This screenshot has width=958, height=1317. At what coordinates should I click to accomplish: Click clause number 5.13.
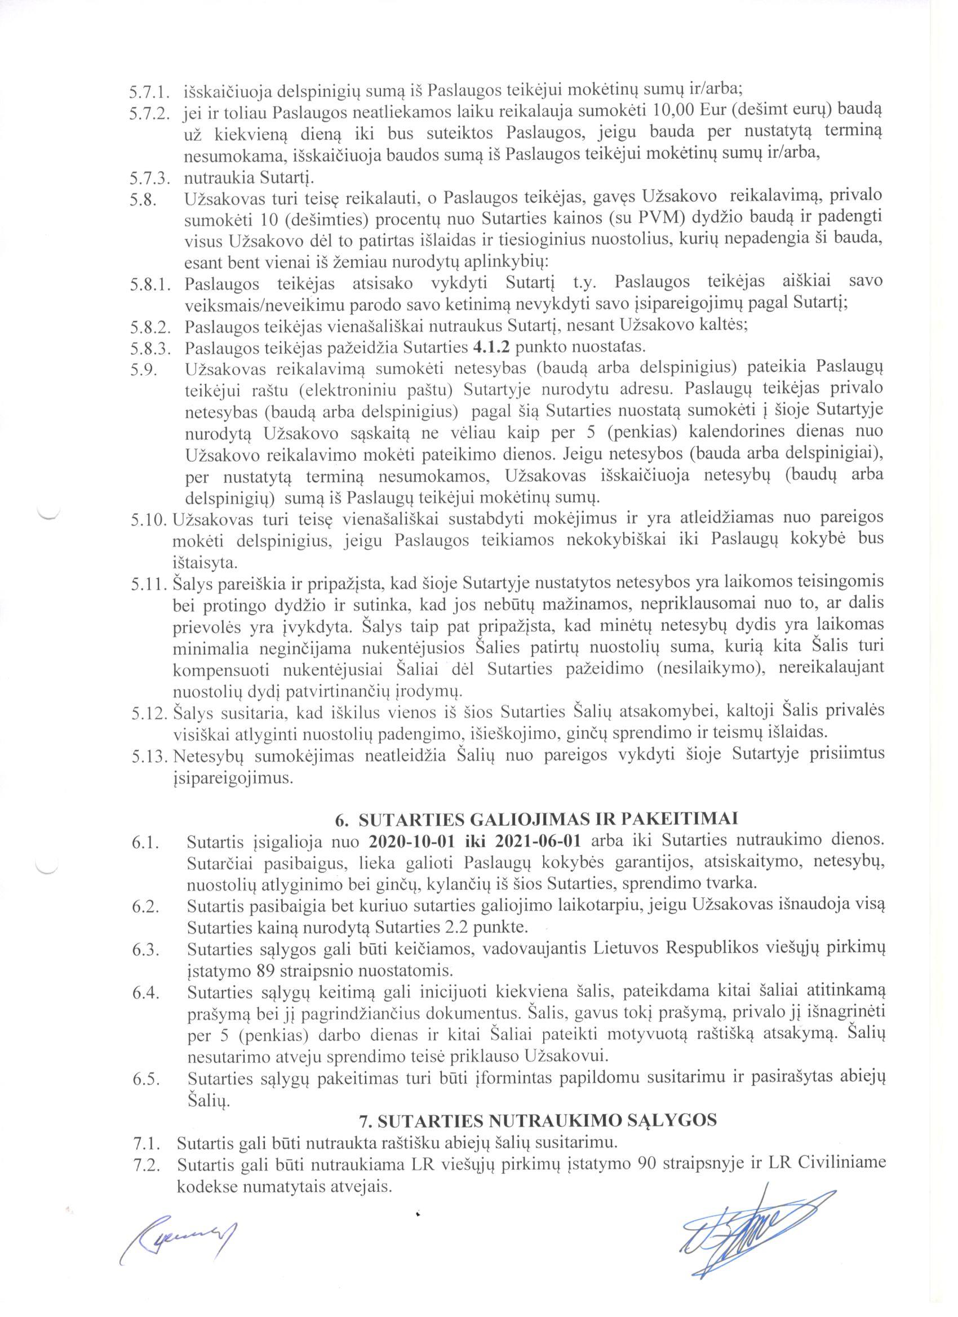pyautogui.click(x=149, y=754)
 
